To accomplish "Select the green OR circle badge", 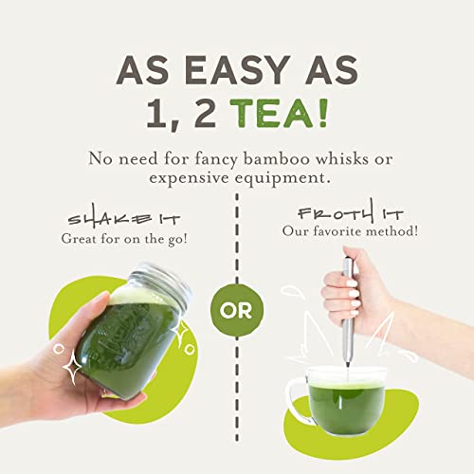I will pos(237,312).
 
